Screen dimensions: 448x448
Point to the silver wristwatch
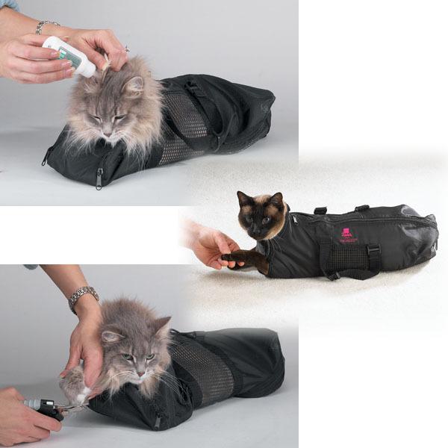coord(83,297)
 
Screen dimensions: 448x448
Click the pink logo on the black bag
coord(346,234)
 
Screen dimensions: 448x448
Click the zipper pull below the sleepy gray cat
coord(99,179)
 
